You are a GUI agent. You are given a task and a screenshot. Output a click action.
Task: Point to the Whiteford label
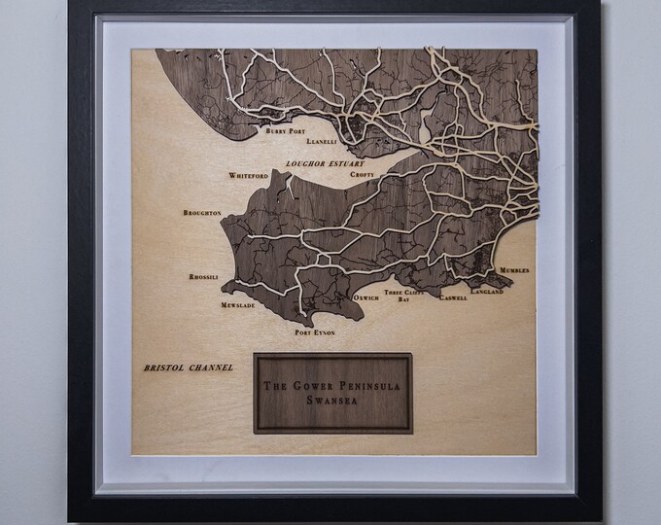247,176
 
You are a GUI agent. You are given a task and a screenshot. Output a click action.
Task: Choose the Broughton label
202,212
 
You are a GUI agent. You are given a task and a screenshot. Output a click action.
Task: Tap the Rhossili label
207,277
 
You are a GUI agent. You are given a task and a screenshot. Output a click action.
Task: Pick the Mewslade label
237,305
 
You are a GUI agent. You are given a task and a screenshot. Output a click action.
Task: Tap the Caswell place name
453,298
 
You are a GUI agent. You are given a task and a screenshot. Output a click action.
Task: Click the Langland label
486,292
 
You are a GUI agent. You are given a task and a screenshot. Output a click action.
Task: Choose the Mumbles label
514,270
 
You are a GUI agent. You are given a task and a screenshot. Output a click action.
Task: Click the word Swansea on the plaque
332,399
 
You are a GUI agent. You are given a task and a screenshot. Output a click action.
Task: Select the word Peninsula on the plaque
366,385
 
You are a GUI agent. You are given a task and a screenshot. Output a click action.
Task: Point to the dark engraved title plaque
332,392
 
